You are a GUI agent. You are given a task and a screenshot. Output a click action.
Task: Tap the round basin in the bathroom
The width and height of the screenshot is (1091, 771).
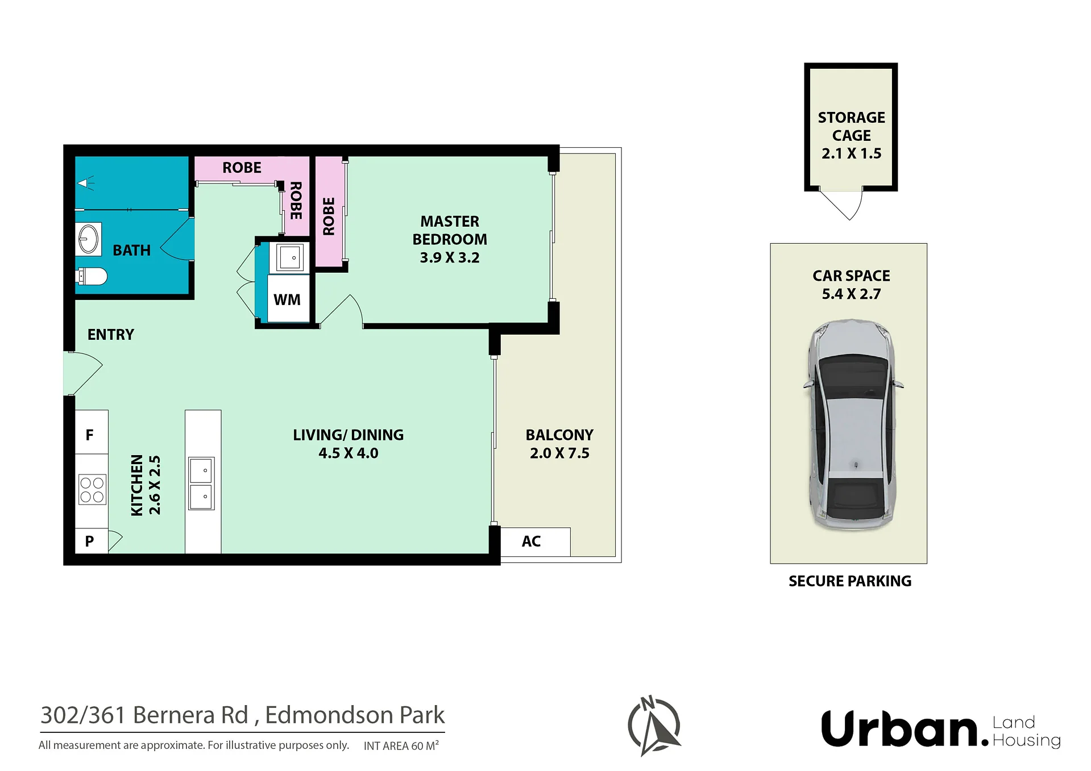88,239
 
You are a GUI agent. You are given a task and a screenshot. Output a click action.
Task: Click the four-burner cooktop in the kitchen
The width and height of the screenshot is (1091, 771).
92,490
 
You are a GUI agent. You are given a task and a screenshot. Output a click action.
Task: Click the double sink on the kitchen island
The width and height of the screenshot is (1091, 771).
201,483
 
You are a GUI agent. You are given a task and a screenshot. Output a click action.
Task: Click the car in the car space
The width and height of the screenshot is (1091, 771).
852,425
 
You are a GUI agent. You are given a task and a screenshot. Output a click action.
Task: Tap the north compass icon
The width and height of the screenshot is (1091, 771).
654,726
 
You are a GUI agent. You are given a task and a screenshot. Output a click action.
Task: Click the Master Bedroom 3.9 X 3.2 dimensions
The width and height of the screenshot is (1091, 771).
450,257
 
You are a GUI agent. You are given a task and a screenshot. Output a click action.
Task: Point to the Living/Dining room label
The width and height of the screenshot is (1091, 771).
348,435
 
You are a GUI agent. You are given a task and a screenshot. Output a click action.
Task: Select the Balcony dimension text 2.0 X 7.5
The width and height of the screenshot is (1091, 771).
559,453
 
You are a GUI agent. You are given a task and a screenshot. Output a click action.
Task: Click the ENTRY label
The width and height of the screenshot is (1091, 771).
111,335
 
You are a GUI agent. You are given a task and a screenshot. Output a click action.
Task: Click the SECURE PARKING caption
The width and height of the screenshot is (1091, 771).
850,581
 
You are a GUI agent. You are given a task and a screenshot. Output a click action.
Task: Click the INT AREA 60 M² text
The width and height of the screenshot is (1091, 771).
401,745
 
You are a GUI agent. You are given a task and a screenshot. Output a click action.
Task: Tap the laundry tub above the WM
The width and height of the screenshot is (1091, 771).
290,257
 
